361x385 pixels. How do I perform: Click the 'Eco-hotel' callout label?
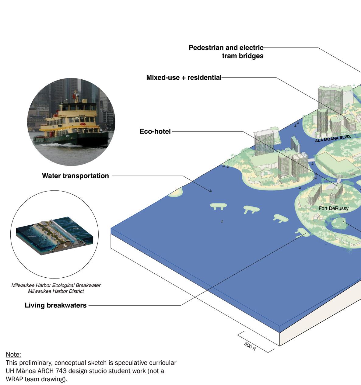pos(155,131)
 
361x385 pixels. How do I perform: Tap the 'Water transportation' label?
pos(75,176)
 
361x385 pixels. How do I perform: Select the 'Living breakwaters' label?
pos(55,305)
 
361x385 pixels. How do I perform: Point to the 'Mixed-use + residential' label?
pos(184,78)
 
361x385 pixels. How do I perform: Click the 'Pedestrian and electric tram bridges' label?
pos(226,52)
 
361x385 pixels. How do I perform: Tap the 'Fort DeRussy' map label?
pos(333,208)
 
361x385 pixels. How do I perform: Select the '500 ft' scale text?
pos(250,346)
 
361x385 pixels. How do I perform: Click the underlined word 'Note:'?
pos(13,354)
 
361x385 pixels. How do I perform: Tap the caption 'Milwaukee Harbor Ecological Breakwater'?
pos(56,285)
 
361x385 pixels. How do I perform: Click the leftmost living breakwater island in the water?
pos(218,206)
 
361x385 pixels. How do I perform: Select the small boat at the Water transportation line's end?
pos(210,190)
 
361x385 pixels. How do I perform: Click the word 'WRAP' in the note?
pos(14,379)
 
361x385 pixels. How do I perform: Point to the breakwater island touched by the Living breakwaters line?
pos(302,233)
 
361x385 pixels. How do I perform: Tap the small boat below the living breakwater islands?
pos(222,221)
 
